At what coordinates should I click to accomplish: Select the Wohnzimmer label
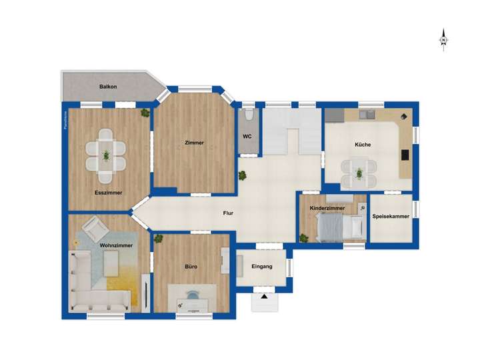(x=115, y=245)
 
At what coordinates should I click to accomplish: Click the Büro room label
(x=191, y=267)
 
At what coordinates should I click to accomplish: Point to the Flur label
(x=228, y=214)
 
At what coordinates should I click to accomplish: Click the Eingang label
(x=262, y=267)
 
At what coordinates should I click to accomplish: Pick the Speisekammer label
(x=391, y=216)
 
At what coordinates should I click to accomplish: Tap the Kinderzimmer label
(x=327, y=209)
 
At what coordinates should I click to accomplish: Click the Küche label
(x=363, y=145)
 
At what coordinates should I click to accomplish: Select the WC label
(x=247, y=137)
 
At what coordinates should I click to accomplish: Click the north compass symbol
(x=443, y=41)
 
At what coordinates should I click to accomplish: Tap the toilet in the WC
(x=248, y=115)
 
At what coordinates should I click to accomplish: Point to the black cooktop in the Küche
(x=405, y=155)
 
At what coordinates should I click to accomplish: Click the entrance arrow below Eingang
(x=265, y=297)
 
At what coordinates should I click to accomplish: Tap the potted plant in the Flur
(x=243, y=176)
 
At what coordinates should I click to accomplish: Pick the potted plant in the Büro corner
(x=159, y=238)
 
